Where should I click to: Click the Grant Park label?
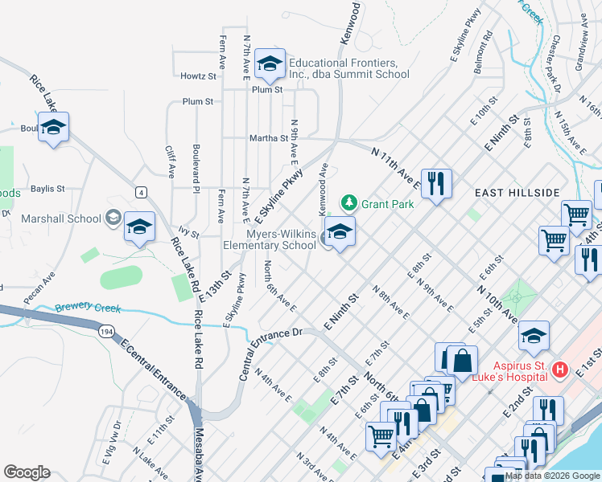pyautogui.click(x=387, y=204)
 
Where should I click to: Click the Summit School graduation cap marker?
pyautogui.click(x=269, y=63)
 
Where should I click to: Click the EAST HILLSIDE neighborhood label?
pyautogui.click(x=517, y=194)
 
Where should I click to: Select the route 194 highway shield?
pyautogui.click(x=105, y=330)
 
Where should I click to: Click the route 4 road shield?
pyautogui.click(x=141, y=192)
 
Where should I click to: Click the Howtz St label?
pyautogui.click(x=200, y=76)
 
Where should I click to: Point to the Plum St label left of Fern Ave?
pyautogui.click(x=197, y=102)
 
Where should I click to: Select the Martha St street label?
pyautogui.click(x=269, y=137)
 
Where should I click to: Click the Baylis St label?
pyautogui.click(x=47, y=189)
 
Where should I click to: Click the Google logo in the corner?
pyautogui.click(x=27, y=472)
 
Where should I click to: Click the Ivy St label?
pyautogui.click(x=189, y=234)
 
